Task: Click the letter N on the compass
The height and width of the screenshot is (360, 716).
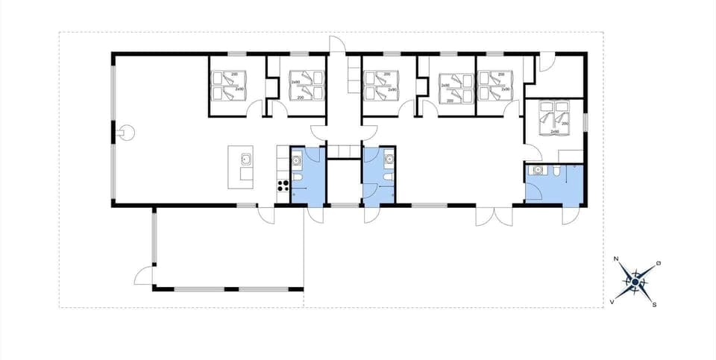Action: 616,259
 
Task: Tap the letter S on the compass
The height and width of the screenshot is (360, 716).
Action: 654,304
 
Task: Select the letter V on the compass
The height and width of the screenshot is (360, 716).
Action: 612,301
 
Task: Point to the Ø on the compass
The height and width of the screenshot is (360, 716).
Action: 657,263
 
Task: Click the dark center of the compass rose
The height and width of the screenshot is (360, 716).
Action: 635,282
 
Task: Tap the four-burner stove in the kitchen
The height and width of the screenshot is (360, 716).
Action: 283,186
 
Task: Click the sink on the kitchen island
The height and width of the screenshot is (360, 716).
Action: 245,158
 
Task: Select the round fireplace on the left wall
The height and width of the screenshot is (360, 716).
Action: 127,132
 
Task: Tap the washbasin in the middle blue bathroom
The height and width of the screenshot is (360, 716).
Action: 388,158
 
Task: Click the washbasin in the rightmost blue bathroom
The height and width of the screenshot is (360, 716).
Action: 536,171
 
